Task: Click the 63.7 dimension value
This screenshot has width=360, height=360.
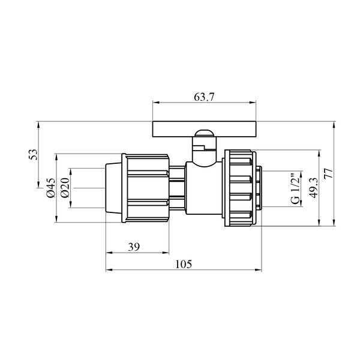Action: click(204, 97)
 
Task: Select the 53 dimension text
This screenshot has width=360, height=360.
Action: click(33, 155)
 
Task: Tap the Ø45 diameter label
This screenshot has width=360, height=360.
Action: click(51, 188)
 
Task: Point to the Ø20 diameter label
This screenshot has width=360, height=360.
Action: click(65, 188)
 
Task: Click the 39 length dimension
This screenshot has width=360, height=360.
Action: click(134, 247)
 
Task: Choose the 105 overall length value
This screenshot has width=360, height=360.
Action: click(184, 264)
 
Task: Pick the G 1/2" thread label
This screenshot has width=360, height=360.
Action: click(295, 188)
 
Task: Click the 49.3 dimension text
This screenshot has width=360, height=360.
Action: click(313, 188)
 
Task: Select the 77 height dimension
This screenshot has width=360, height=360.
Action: click(328, 173)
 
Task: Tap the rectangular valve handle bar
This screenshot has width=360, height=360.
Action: click(204, 129)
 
